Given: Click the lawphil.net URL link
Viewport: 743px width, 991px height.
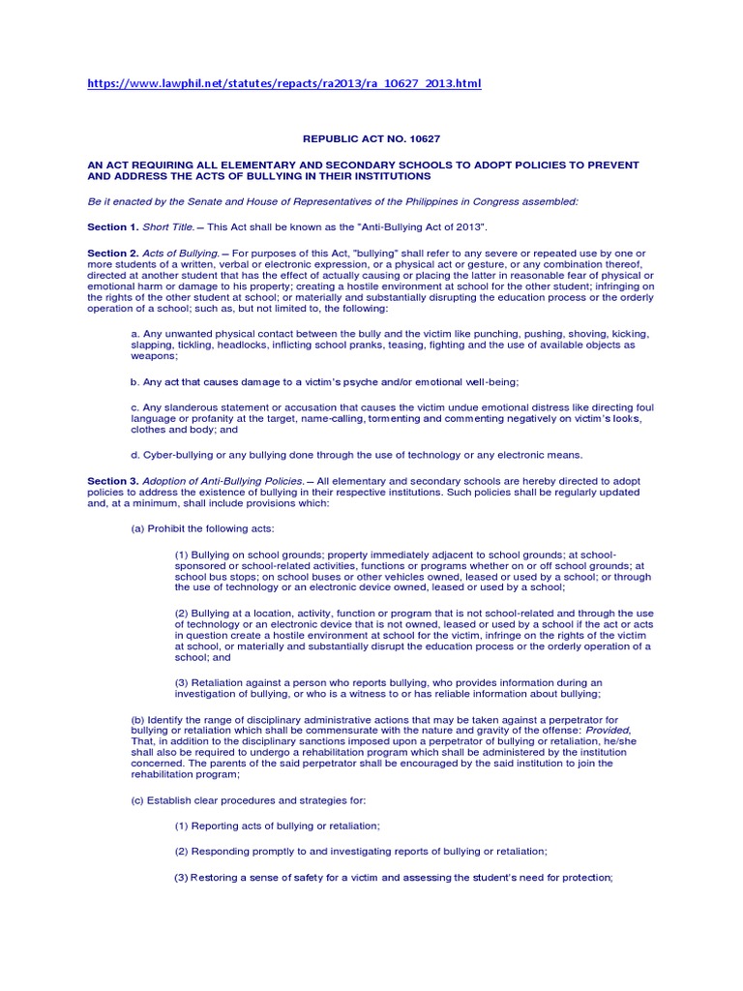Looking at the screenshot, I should pyautogui.click(x=283, y=84).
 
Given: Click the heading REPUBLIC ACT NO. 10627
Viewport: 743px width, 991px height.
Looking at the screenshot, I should pyautogui.click(x=371, y=138).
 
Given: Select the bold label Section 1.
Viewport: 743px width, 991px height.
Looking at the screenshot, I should pyautogui.click(x=113, y=226).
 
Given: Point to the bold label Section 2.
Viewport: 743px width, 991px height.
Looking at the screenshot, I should pyautogui.click(x=113, y=253).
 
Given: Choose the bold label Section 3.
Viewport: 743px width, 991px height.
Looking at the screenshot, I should pyautogui.click(x=113, y=481).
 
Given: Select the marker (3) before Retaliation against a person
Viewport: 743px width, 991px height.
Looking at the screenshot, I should pyautogui.click(x=182, y=681).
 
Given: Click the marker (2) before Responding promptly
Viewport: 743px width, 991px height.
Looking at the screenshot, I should pyautogui.click(x=182, y=851).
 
